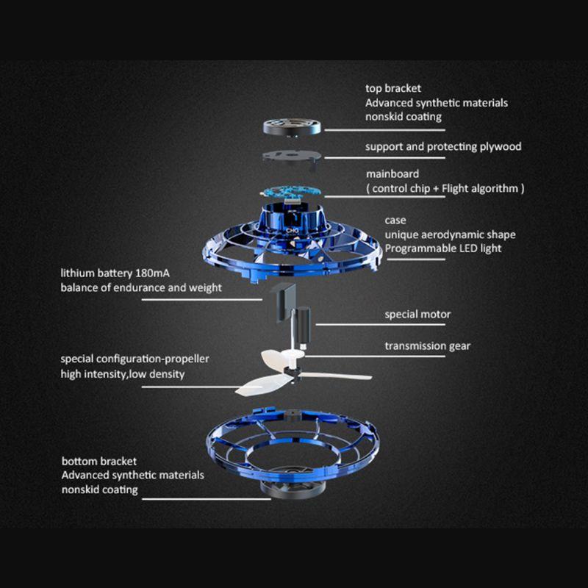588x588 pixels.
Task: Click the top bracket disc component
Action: click(x=292, y=126)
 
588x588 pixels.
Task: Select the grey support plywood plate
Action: click(x=292, y=157)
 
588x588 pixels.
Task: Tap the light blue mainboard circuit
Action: click(x=291, y=193)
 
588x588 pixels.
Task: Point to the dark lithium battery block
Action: click(x=285, y=302)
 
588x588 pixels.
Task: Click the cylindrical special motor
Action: click(x=304, y=326)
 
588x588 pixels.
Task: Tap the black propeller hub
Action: click(x=293, y=374)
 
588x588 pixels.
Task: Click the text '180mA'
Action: click(x=152, y=273)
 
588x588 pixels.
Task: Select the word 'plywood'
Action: click(x=501, y=146)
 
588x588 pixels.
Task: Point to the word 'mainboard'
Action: click(x=392, y=174)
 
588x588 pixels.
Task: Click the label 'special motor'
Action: click(x=417, y=315)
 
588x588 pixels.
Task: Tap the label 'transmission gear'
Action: click(x=428, y=345)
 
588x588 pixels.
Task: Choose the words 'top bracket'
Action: click(x=393, y=88)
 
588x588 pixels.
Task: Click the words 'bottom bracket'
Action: click(x=99, y=462)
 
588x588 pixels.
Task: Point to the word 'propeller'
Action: click(x=187, y=359)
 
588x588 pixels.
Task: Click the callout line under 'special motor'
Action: click(x=380, y=325)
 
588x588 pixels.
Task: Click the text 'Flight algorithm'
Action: click(x=480, y=188)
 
